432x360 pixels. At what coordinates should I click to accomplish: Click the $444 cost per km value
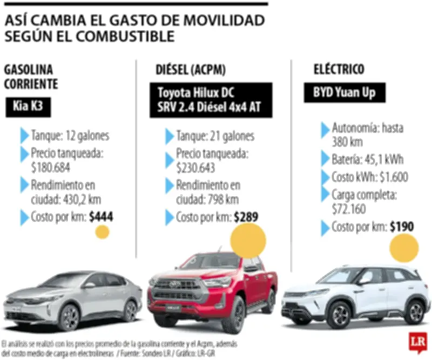point(102,217)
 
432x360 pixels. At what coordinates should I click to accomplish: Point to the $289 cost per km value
point(246,217)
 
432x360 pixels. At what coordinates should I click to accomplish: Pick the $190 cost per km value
point(402,226)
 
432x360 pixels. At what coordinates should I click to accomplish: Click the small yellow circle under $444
point(102,232)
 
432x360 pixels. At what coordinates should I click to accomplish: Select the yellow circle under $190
point(404,249)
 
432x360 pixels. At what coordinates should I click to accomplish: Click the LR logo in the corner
point(416,342)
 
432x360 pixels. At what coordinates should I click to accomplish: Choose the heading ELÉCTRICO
point(339,69)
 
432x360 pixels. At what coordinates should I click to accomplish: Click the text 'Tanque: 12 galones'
point(70,136)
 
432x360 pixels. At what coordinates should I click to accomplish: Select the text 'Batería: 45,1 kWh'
point(367,160)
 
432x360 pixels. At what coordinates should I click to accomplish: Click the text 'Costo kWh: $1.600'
point(370,177)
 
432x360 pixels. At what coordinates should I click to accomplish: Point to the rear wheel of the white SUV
point(415,312)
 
